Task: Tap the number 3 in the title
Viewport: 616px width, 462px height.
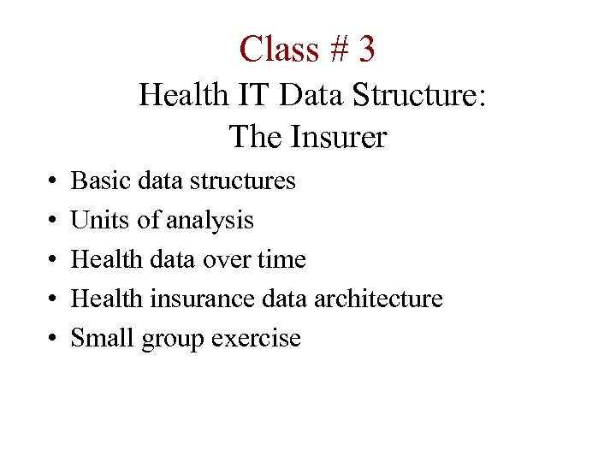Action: pyautogui.click(x=367, y=49)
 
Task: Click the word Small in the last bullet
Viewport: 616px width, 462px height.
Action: pyautogui.click(x=96, y=338)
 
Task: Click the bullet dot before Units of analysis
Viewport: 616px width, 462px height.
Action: pyautogui.click(x=53, y=221)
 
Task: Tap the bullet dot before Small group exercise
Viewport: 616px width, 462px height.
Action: pyautogui.click(x=53, y=339)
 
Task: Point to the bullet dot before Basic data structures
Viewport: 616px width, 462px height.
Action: pyautogui.click(x=53, y=181)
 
